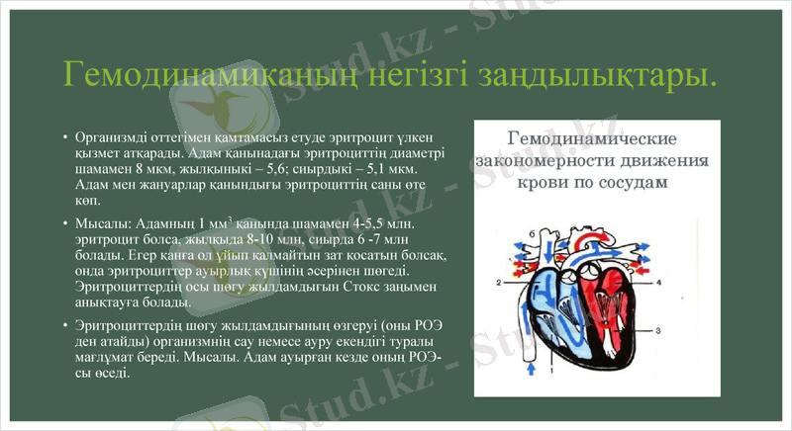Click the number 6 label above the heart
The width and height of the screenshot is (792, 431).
pyautogui.click(x=532, y=235)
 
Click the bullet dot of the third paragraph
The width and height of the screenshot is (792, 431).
pyautogui.click(x=64, y=325)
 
